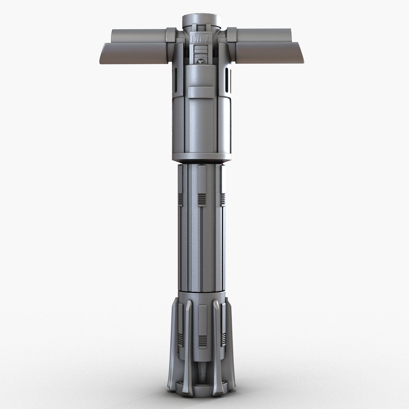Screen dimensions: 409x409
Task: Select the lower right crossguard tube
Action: click(x=269, y=53)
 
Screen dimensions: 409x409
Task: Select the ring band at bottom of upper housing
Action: click(x=201, y=156)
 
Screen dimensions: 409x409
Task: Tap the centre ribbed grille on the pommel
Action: click(x=203, y=341)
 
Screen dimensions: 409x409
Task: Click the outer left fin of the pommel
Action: click(x=175, y=341)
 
